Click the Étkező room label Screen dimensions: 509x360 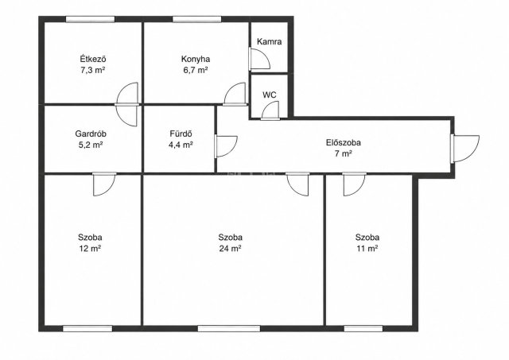tap(93, 59)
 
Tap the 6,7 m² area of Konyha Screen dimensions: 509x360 tap(196, 70)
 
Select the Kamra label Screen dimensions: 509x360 tap(269, 41)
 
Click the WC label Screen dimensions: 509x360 tap(270, 95)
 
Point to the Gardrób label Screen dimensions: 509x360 tap(91, 134)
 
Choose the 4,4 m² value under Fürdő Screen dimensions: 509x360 tap(181, 145)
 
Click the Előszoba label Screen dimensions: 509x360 tap(344, 142)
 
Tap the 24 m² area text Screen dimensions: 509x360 tap(230, 249)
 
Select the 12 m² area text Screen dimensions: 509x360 tap(90, 249)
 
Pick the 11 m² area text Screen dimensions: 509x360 tap(367, 249)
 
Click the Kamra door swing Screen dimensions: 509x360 tap(260, 59)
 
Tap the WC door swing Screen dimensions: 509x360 tap(270, 110)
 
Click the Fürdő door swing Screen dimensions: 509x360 tap(226, 146)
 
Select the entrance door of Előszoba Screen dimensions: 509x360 tap(464, 149)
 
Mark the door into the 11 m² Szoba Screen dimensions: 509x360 tap(354, 184)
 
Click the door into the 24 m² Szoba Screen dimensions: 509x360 tap(297, 184)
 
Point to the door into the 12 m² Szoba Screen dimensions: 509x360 tap(104, 184)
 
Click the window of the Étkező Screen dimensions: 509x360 tap(90, 19)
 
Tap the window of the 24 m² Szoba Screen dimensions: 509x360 tap(229, 328)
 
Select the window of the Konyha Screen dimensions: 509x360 tap(197, 19)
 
